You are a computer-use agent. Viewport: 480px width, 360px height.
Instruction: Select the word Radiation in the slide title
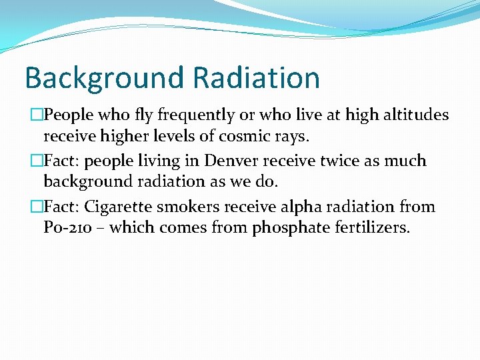(256, 77)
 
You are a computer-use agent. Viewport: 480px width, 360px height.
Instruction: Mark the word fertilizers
(371, 228)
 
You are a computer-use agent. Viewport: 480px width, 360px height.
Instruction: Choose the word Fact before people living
(60, 161)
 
